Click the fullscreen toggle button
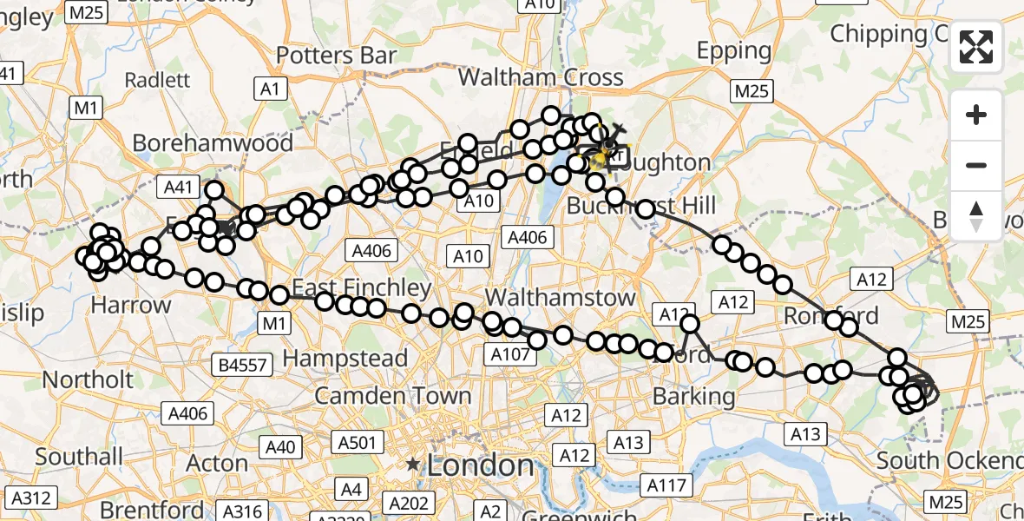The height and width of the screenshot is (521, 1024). (x=976, y=47)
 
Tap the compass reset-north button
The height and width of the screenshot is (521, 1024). (x=976, y=215)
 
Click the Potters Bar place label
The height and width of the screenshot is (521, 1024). (x=336, y=55)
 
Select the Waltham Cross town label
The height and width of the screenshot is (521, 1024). (x=541, y=77)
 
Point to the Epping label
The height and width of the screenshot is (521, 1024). (x=734, y=51)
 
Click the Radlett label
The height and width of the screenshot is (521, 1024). (x=157, y=80)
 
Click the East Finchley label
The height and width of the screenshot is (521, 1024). (x=362, y=287)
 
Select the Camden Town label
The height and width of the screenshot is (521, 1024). (x=393, y=397)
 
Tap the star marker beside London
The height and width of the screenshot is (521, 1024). (x=415, y=465)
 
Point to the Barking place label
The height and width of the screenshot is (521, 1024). (x=693, y=397)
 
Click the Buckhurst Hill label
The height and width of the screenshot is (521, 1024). (x=641, y=206)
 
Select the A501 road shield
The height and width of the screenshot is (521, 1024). (x=357, y=444)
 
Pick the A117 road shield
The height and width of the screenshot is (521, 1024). (x=666, y=485)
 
